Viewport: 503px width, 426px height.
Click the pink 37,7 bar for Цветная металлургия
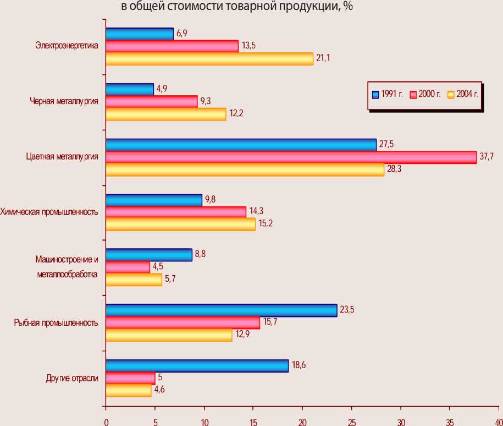click(x=291, y=157)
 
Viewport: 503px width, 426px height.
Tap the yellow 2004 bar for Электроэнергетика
click(x=209, y=59)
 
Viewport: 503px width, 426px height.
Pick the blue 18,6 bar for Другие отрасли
click(x=197, y=366)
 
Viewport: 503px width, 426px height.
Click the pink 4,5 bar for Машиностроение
click(x=128, y=267)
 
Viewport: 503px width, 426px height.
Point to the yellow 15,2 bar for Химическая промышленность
click(x=180, y=225)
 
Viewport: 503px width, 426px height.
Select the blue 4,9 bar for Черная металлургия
click(x=129, y=89)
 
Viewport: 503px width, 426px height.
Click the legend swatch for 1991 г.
click(x=376, y=94)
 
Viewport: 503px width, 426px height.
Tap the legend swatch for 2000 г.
click(x=414, y=94)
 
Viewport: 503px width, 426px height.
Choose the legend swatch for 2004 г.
click(x=451, y=94)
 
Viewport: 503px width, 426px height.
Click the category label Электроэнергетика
click(x=67, y=46)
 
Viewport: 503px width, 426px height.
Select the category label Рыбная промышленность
click(x=56, y=323)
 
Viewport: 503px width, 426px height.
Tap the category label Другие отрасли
click(x=72, y=378)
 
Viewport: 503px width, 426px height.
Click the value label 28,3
click(x=394, y=169)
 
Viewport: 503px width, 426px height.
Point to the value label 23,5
click(x=347, y=310)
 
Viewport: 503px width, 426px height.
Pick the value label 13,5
click(x=248, y=46)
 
